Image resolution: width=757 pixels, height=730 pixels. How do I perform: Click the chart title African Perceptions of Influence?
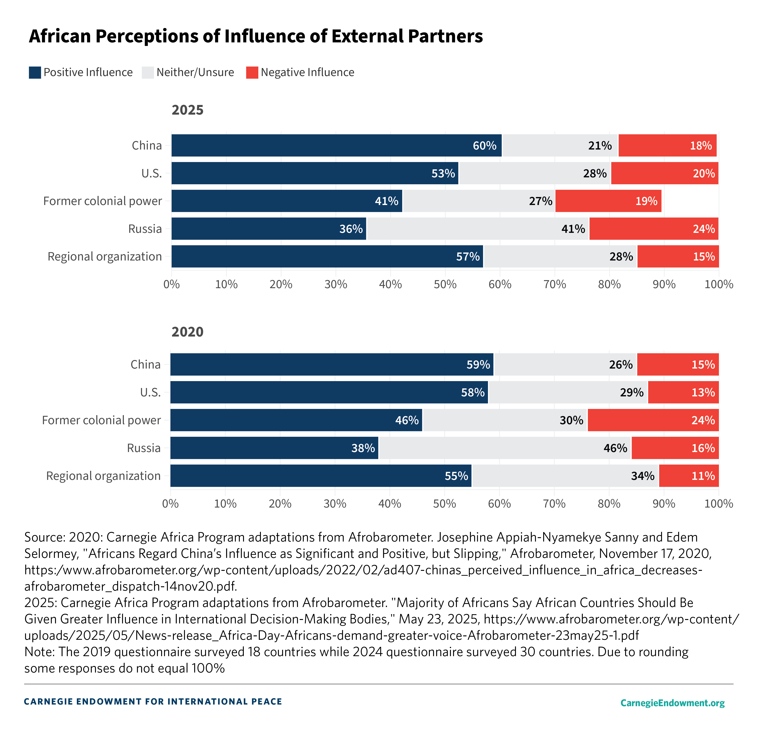[x=256, y=36]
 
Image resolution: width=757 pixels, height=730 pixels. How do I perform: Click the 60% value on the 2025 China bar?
[x=484, y=146]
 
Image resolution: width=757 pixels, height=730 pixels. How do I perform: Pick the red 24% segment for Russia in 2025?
[x=653, y=229]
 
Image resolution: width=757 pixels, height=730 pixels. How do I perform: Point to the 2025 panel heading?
[x=187, y=110]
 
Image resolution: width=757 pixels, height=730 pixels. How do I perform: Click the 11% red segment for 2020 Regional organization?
[x=689, y=476]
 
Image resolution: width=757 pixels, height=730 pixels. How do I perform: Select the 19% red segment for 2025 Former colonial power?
[x=608, y=201]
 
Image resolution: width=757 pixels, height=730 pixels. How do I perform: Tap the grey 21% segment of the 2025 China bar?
[x=560, y=146]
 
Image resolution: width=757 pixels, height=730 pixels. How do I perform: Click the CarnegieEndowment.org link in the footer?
[x=672, y=703]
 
